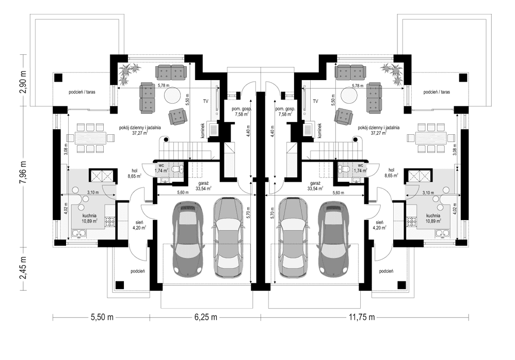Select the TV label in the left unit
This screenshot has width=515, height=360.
tap(205, 101)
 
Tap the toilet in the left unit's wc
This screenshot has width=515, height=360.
tap(176, 169)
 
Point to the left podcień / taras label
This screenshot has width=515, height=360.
tap(84, 92)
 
